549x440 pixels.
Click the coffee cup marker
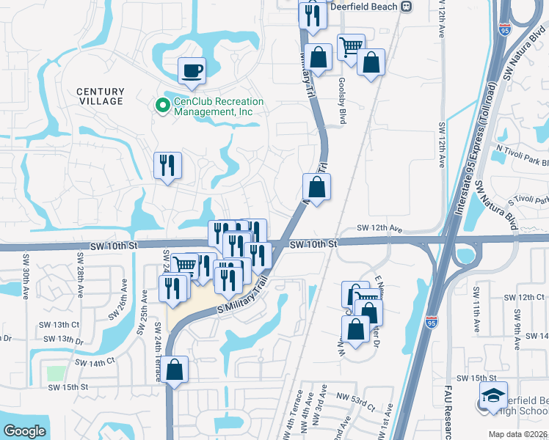pyautogui.click(x=192, y=70)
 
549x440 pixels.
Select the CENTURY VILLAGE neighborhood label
pyautogui.click(x=101, y=96)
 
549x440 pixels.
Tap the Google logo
pyautogui.click(x=24, y=431)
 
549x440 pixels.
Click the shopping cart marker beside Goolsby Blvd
pyautogui.click(x=351, y=47)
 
